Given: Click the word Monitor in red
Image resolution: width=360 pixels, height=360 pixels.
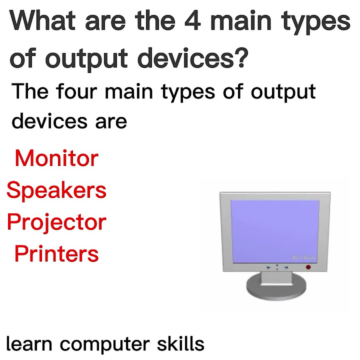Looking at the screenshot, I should [x=56, y=159].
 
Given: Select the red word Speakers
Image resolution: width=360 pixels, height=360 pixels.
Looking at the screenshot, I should [x=56, y=190].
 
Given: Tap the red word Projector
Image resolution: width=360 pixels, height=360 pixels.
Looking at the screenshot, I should [x=56, y=222].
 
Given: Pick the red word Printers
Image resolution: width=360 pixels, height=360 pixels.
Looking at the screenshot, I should [x=56, y=254].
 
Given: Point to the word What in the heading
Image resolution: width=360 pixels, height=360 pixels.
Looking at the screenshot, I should [x=46, y=21].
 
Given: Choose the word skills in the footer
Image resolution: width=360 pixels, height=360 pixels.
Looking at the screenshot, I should [x=179, y=343].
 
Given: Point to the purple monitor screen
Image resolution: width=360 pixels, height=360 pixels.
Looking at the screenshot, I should [x=274, y=230].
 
